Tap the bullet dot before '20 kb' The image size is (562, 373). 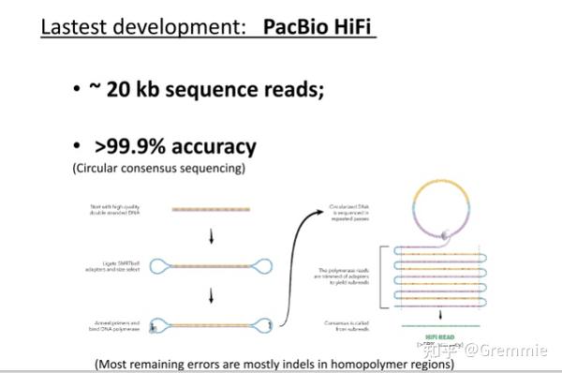click(x=76, y=91)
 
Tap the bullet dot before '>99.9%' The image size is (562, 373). click(x=76, y=148)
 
